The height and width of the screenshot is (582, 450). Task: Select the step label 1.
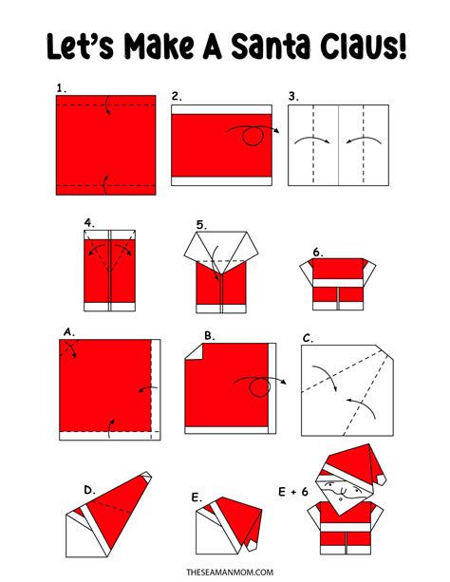[x=61, y=87]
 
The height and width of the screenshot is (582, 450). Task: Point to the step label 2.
[x=177, y=96]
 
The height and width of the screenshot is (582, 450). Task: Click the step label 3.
[x=293, y=96]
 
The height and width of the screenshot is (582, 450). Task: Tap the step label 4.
[x=88, y=223]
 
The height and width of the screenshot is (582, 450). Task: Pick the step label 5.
[x=200, y=224]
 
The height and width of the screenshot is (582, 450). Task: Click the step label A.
[x=68, y=332]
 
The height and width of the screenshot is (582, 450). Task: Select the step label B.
[x=208, y=335]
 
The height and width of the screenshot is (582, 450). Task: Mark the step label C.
[x=308, y=337]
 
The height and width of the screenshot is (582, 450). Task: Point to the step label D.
[x=88, y=489]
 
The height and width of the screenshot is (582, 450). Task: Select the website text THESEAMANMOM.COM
[x=225, y=572]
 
